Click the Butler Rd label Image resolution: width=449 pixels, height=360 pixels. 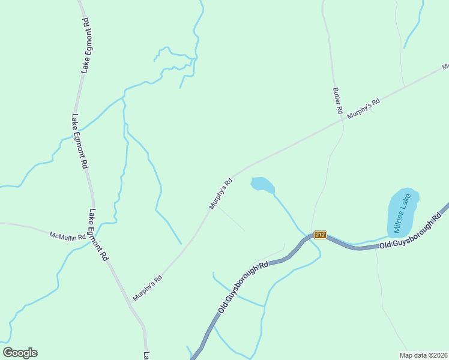pyautogui.click(x=337, y=101)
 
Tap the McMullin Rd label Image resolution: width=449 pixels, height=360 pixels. pyautogui.click(x=68, y=236)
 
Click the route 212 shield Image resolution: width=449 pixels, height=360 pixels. pyautogui.click(x=320, y=235)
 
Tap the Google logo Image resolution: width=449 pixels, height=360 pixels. pyautogui.click(x=20, y=353)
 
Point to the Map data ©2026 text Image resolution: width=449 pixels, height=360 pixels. pyautogui.click(x=423, y=355)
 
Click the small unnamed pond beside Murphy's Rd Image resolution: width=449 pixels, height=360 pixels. pyautogui.click(x=262, y=184)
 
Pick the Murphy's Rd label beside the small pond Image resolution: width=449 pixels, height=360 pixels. pyautogui.click(x=220, y=194)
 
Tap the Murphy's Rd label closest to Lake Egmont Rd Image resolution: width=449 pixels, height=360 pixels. pyautogui.click(x=148, y=288)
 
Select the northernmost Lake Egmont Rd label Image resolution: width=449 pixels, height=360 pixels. pyautogui.click(x=86, y=46)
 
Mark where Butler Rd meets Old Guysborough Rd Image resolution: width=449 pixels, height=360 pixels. pyautogui.click(x=311, y=235)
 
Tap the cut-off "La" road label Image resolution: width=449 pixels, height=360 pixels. pyautogui.click(x=145, y=355)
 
